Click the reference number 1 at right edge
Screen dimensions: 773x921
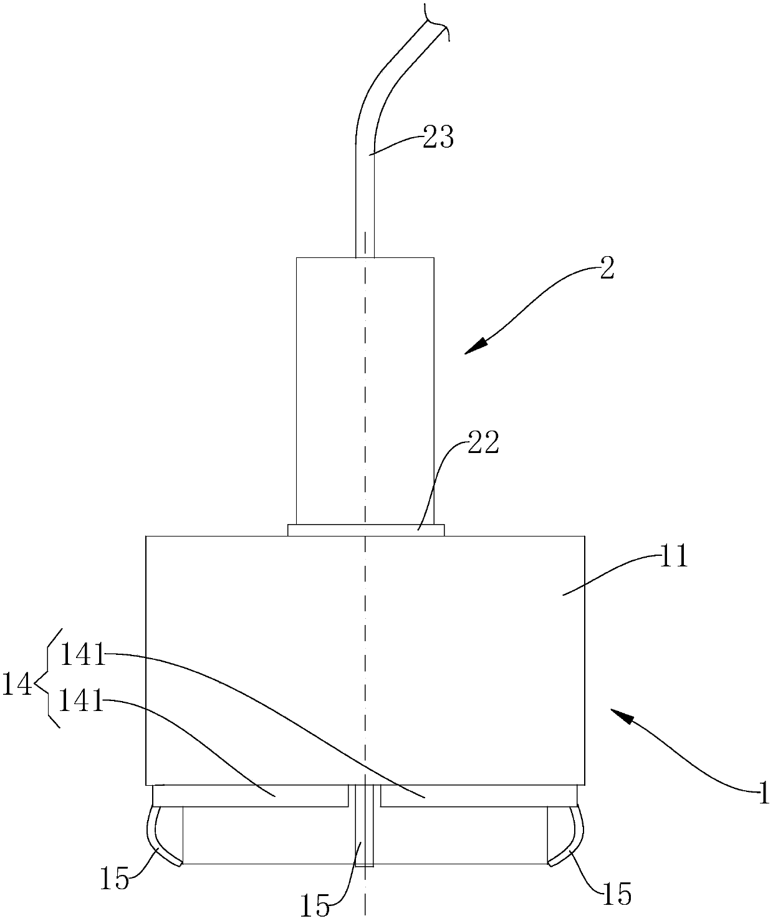point(763,795)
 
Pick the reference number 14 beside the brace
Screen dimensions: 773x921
point(17,685)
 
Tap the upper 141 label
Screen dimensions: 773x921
point(82,656)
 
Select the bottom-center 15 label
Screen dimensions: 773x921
point(315,905)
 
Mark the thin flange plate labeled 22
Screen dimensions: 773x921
point(366,530)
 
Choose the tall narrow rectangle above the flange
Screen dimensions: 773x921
point(365,391)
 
